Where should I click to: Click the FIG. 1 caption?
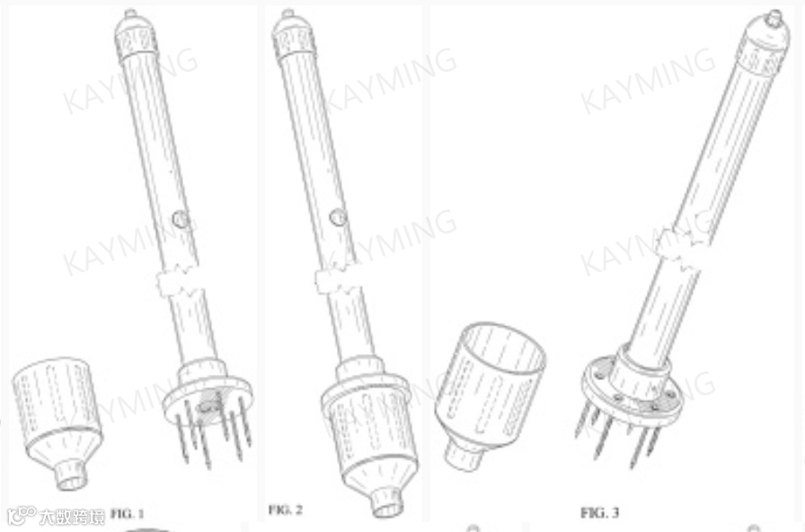click(x=128, y=513)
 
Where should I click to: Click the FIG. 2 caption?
click(x=286, y=510)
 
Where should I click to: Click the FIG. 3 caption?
click(x=599, y=512)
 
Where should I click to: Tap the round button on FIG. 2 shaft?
click(x=337, y=217)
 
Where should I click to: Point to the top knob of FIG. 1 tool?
click(x=130, y=13)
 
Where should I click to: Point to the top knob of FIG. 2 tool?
click(x=288, y=13)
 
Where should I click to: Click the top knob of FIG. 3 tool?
click(x=774, y=19)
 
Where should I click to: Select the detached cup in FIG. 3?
click(x=490, y=394)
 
